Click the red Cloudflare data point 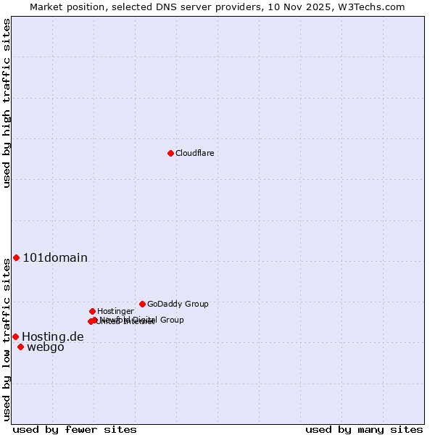coord(170,153)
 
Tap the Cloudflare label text coord(194,153)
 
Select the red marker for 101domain coord(16,258)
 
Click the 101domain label coord(55,258)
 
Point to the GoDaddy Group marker coord(142,304)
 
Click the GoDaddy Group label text coord(178,304)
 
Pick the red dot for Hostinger coord(92,311)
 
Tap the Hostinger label coord(115,311)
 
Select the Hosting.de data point coord(15,336)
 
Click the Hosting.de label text coord(53,336)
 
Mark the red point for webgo coord(20,347)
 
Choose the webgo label coord(46,347)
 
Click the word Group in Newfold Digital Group coord(171,320)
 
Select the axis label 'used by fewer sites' coord(75,429)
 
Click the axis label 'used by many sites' coord(364,429)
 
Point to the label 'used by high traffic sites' coord(7,103)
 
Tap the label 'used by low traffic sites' coord(7,339)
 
